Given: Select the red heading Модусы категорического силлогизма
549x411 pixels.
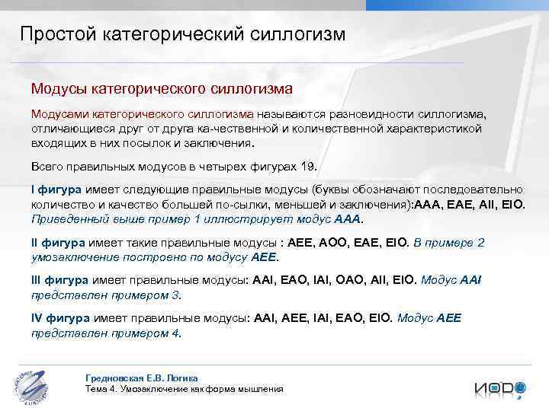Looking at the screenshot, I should (x=161, y=89).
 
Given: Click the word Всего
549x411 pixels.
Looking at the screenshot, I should (x=47, y=167).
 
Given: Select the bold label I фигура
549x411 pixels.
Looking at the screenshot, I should (x=57, y=190).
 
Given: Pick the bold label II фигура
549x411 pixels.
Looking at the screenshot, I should (x=59, y=243).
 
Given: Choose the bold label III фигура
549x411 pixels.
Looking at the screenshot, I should (x=60, y=280).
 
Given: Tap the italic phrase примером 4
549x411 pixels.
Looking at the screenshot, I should (x=156, y=333).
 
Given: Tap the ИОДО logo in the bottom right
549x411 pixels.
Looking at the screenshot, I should (x=500, y=388).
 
